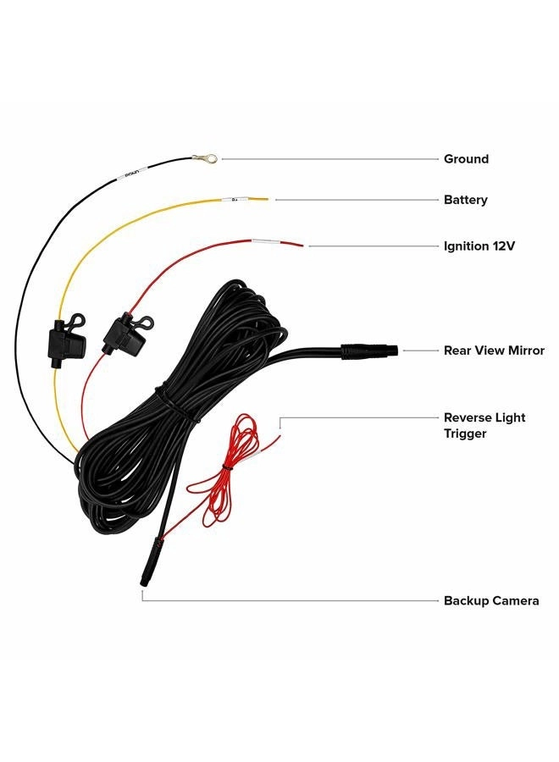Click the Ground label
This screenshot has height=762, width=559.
(x=466, y=159)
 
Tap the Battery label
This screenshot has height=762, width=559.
(x=465, y=200)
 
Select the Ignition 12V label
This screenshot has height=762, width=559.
(x=479, y=246)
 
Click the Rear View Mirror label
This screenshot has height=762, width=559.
(x=494, y=351)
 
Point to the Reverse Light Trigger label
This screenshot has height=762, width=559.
(x=484, y=425)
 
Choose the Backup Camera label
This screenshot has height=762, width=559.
(x=491, y=600)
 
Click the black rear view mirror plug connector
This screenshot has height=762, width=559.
(x=369, y=351)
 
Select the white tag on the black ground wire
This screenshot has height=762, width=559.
(x=131, y=172)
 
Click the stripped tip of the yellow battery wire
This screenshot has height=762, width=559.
(x=258, y=198)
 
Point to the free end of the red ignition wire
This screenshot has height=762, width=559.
(x=302, y=246)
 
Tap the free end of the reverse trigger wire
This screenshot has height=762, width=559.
(x=279, y=437)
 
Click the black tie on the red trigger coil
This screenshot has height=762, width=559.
(x=225, y=467)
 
